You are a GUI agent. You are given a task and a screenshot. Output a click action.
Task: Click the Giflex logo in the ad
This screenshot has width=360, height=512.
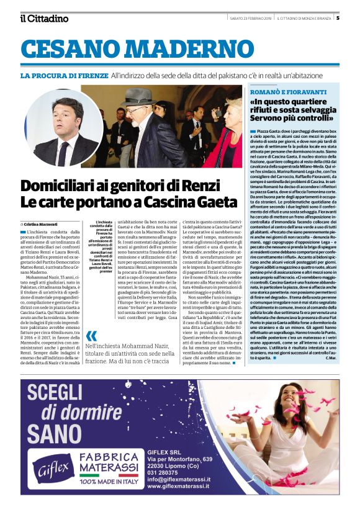pyautogui.click(x=54, y=475)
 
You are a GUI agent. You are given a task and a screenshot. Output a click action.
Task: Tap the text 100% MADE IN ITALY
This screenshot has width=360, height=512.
pyautogui.click(x=118, y=498)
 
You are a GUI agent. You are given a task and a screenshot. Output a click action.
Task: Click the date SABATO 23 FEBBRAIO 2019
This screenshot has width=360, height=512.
pyautogui.click(x=251, y=17)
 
